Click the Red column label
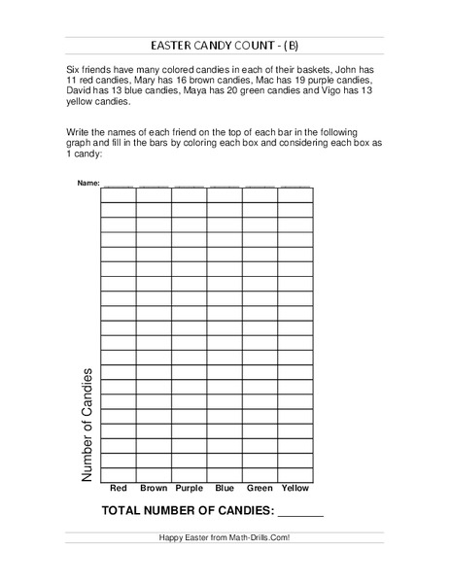(x=119, y=487)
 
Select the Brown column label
(x=154, y=487)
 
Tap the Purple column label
(x=190, y=487)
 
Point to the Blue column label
(x=225, y=487)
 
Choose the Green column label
(x=260, y=487)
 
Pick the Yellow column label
(x=295, y=487)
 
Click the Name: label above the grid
(x=87, y=183)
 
